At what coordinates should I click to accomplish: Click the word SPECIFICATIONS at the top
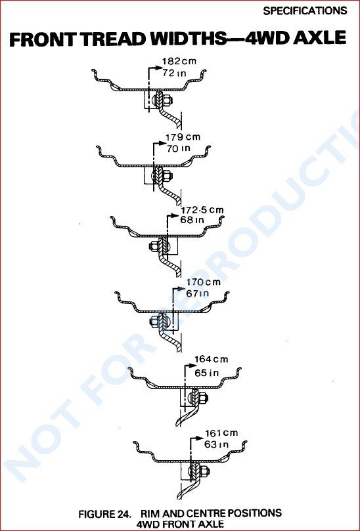(305, 11)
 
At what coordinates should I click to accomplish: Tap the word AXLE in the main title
(319, 38)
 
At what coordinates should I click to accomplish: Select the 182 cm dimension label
(179, 61)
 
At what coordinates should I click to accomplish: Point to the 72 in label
(174, 73)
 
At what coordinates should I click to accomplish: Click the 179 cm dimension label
(183, 137)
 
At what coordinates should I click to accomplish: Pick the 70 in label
(178, 148)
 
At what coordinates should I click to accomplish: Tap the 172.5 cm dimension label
(202, 210)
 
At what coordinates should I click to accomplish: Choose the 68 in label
(192, 220)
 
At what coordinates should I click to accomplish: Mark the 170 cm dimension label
(204, 282)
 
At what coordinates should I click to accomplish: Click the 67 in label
(198, 293)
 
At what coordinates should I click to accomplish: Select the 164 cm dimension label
(211, 359)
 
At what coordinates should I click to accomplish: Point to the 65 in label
(207, 373)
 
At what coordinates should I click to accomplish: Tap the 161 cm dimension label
(221, 433)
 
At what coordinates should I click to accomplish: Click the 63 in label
(216, 444)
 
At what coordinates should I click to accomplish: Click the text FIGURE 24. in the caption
(105, 514)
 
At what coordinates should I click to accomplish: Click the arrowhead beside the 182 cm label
(159, 68)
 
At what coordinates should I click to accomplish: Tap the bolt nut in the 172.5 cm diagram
(154, 246)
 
